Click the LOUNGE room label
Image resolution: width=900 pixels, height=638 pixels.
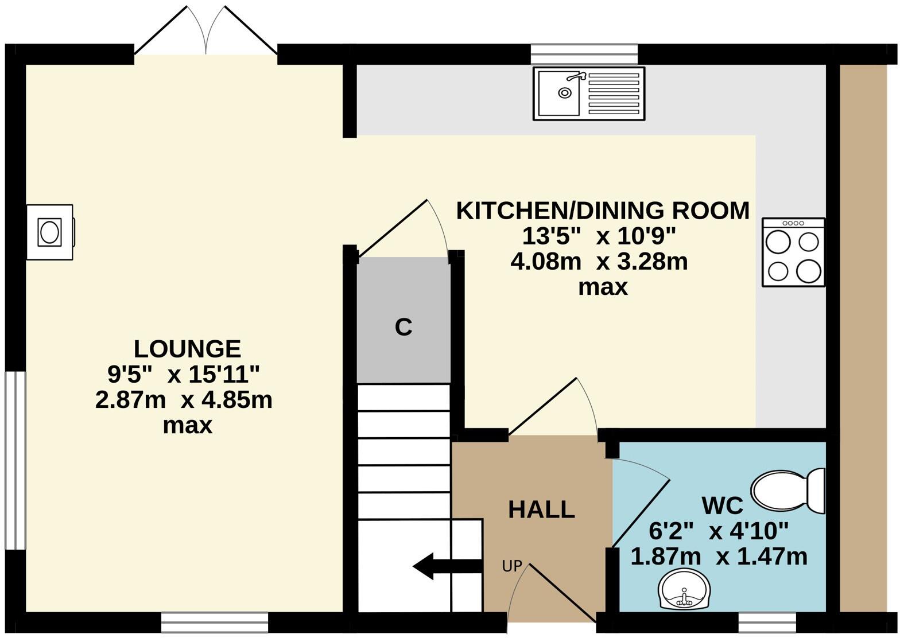point(187,349)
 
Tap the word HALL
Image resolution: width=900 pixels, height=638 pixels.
point(541,509)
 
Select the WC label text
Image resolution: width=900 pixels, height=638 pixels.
point(722,505)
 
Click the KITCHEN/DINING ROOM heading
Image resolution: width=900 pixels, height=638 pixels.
point(603,211)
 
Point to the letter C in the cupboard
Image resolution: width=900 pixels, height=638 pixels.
point(404,327)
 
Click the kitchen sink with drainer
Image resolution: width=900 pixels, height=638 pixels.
point(588,93)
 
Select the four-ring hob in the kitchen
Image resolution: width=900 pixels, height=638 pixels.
point(793,252)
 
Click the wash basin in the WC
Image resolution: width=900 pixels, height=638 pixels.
point(684,590)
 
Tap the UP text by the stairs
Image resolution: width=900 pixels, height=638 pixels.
point(511,566)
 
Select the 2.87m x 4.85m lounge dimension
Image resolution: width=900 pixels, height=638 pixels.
point(184,400)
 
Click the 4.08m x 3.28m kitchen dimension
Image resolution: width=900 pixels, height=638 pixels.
point(599,262)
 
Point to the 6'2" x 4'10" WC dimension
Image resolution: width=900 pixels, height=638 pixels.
point(719,531)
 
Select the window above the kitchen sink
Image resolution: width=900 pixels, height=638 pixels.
point(584,54)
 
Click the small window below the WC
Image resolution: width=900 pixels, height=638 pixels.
point(767,621)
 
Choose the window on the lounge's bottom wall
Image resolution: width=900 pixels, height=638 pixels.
point(215,622)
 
